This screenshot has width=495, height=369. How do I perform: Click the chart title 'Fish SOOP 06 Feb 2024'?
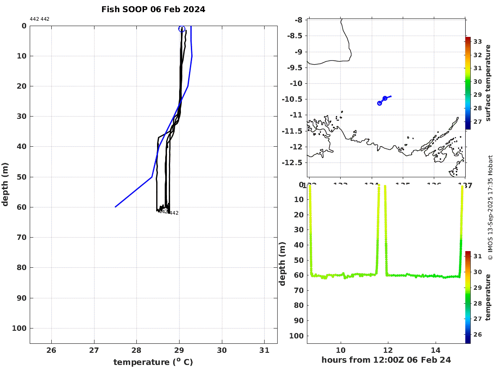pos(153,9)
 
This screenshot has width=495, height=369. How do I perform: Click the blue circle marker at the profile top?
pos(182,29)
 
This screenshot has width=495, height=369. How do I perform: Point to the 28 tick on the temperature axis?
pos(137,351)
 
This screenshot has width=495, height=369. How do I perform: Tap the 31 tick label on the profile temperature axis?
pos(264,351)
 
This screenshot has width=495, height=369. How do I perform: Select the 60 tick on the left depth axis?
pos(21,207)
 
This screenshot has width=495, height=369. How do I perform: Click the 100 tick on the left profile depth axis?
pos(18,328)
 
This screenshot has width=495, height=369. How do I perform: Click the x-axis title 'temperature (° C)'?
pos(153,362)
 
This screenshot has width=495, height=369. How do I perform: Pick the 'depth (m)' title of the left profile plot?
pos(5,184)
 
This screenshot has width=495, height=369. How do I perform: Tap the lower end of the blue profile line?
pos(116,207)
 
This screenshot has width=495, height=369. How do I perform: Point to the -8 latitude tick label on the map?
pos(297,20)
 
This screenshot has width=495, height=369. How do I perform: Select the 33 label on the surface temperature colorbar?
pos(478,42)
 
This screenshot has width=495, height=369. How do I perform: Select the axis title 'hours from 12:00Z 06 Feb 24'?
pos(386,360)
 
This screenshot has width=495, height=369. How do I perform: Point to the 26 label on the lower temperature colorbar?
pos(478,335)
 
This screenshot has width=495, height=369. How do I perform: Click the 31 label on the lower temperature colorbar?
pos(478,256)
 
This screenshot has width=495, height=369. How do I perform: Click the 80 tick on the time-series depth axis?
pos(297,305)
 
